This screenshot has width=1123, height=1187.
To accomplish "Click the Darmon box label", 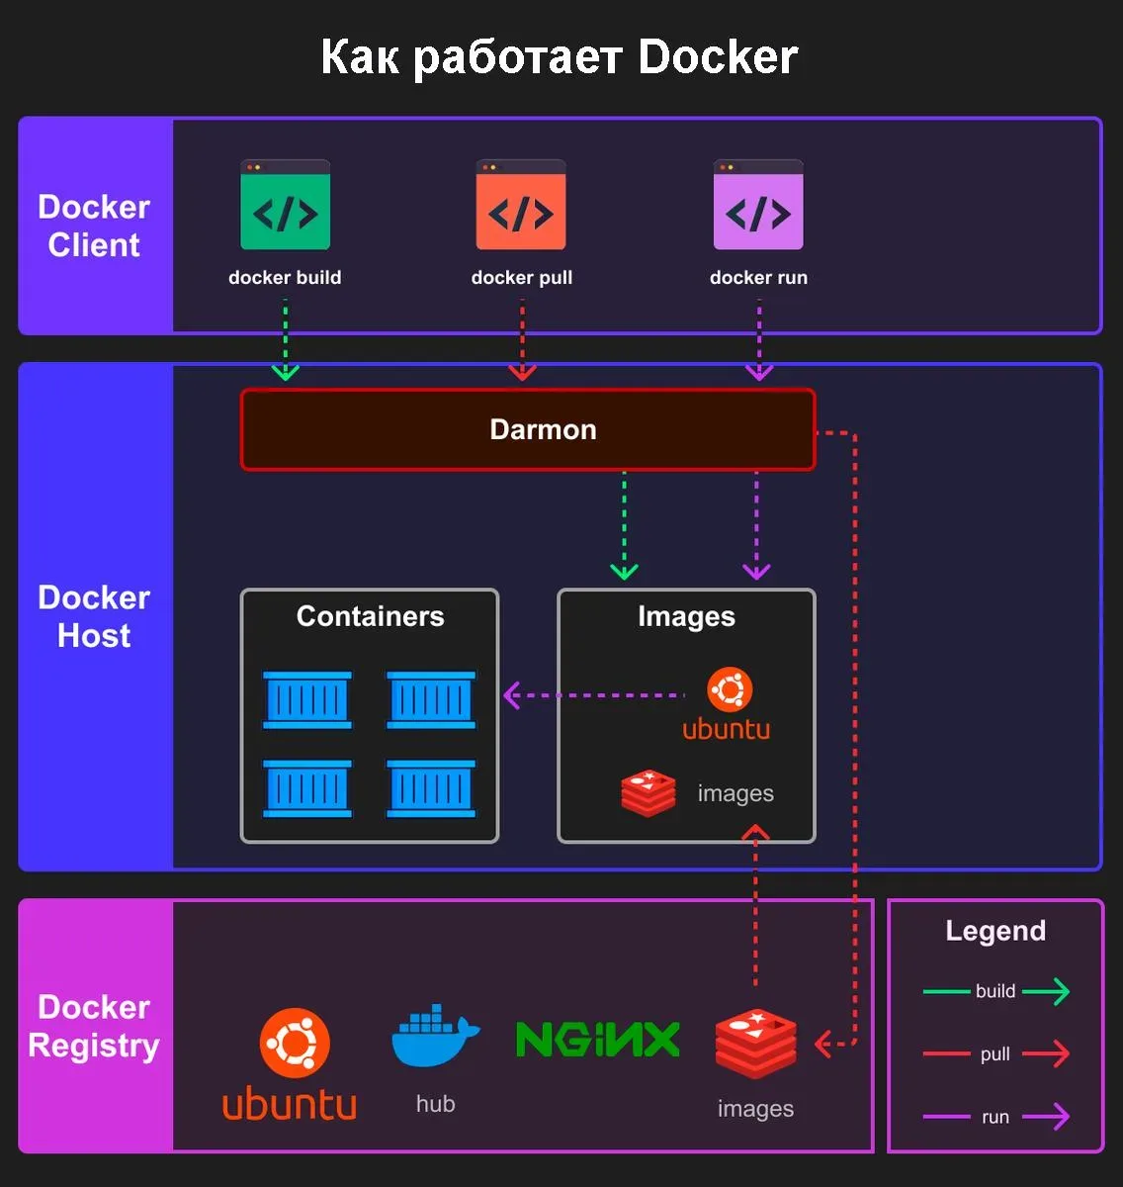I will tap(543, 429).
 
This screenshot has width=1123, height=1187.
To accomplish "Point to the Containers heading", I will tap(370, 616).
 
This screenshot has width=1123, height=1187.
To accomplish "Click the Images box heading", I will tap(686, 616).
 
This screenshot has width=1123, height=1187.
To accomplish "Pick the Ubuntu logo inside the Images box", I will tap(730, 690).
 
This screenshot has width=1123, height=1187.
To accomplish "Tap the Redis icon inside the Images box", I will tap(648, 792).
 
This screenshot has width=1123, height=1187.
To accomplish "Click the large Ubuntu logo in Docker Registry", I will tap(295, 1044).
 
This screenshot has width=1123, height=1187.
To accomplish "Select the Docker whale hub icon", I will tap(435, 1039).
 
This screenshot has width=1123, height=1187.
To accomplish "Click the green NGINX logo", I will tap(598, 1040).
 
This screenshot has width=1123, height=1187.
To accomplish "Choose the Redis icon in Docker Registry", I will tap(755, 1044).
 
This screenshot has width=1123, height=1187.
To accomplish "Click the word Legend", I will tap(995, 931).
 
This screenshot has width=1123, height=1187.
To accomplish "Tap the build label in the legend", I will tap(995, 991).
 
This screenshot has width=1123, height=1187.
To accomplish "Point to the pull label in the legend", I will tap(995, 1054).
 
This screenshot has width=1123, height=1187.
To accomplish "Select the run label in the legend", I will tap(995, 1117).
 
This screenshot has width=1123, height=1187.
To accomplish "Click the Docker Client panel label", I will tap(94, 226).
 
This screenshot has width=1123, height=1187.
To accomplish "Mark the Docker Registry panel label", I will tap(94, 1026).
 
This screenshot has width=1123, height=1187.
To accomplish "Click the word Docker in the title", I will tap(718, 57).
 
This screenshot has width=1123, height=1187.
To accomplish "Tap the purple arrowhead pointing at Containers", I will tap(512, 695).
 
